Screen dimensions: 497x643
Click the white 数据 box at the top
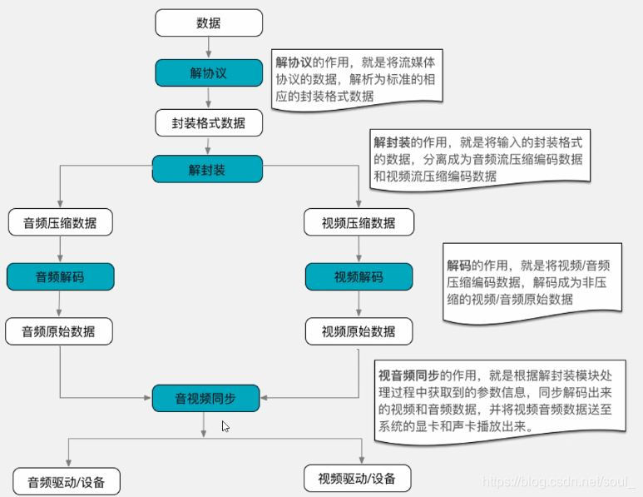(209, 22)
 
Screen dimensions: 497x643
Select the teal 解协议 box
(209, 72)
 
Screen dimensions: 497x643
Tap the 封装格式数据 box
(209, 123)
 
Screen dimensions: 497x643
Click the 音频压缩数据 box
(59, 223)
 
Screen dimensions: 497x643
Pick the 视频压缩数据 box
(358, 223)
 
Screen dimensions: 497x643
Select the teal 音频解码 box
(59, 276)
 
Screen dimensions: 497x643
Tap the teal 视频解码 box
(358, 276)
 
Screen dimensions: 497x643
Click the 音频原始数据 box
(59, 331)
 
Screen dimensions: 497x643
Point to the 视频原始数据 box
(358, 331)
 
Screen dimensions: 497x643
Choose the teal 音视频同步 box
(205, 398)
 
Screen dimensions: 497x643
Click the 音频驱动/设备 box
(67, 481)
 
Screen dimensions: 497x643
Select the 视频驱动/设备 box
(358, 478)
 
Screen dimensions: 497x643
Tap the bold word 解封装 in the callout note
(392, 142)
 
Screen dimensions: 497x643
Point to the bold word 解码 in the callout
(459, 266)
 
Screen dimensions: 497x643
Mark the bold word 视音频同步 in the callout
(408, 375)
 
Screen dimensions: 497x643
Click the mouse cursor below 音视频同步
(225, 426)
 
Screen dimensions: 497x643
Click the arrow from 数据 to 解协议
(209, 47)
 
